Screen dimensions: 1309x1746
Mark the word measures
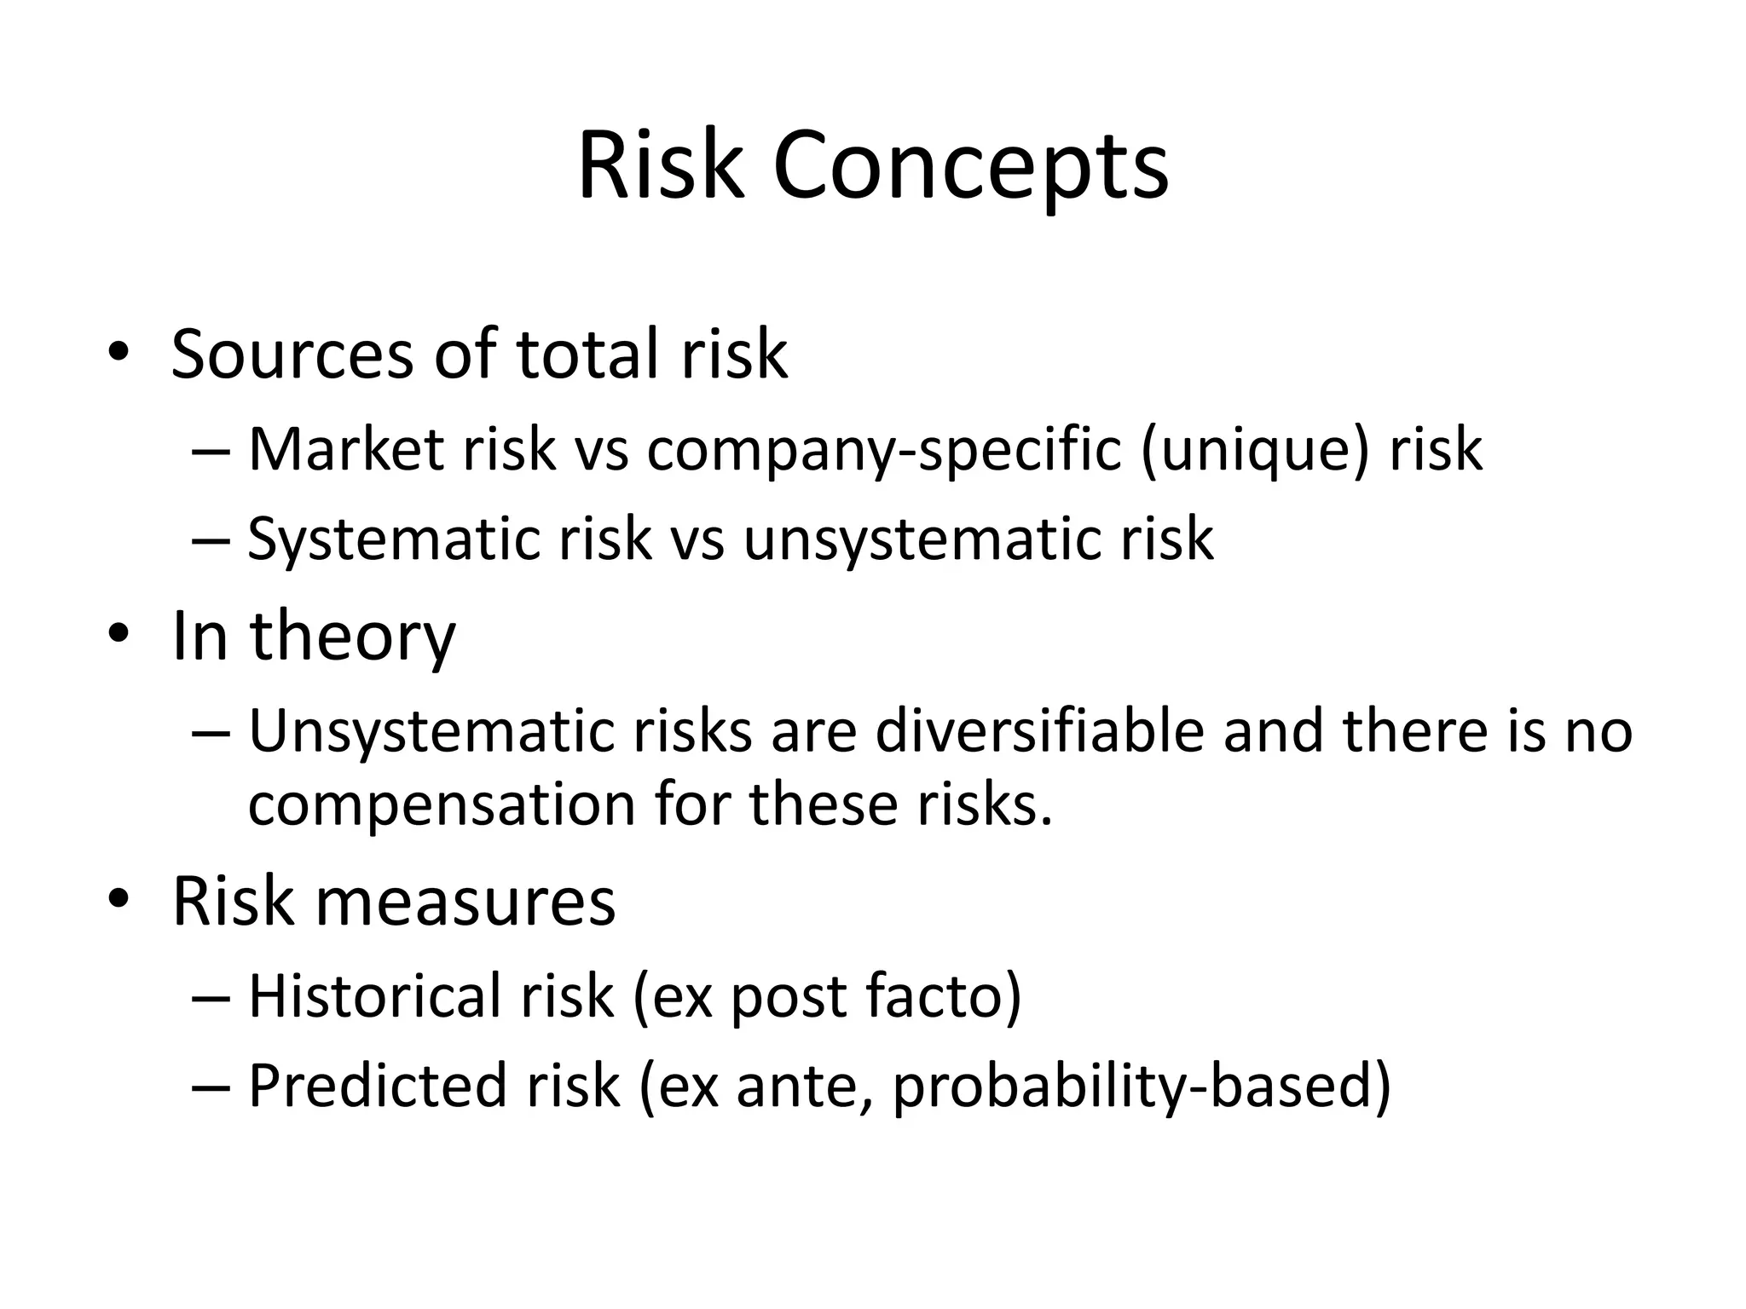[465, 901]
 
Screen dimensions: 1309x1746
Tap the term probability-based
[1142, 1087]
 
